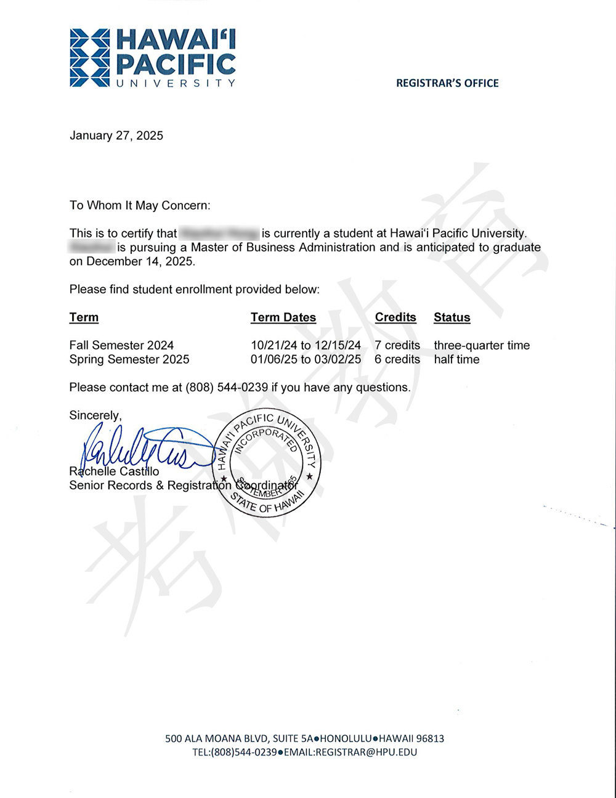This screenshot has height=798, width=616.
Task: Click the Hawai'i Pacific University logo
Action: click(x=152, y=57)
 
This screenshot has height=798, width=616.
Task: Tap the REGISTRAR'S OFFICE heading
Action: click(x=447, y=83)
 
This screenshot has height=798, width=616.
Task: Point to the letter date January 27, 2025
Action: click(x=116, y=136)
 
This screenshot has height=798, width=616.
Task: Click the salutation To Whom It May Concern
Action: click(x=140, y=205)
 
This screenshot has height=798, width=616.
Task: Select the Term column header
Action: click(x=84, y=317)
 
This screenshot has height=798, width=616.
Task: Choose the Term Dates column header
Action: click(x=283, y=317)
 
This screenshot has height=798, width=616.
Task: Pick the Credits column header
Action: click(x=395, y=317)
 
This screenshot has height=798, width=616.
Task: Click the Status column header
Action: click(x=452, y=317)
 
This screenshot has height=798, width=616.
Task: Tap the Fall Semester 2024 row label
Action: click(x=121, y=345)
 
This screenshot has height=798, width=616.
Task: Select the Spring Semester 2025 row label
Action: click(x=129, y=359)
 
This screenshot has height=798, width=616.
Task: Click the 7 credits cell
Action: click(x=397, y=345)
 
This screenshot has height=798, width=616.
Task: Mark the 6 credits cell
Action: click(x=397, y=359)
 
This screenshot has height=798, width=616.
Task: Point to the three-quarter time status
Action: click(x=482, y=345)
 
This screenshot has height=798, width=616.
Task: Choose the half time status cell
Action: click(x=456, y=359)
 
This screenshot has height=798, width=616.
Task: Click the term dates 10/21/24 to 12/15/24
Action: click(x=306, y=345)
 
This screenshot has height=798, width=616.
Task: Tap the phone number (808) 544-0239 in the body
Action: click(x=227, y=388)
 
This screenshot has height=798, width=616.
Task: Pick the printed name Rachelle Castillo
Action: click(x=114, y=471)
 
